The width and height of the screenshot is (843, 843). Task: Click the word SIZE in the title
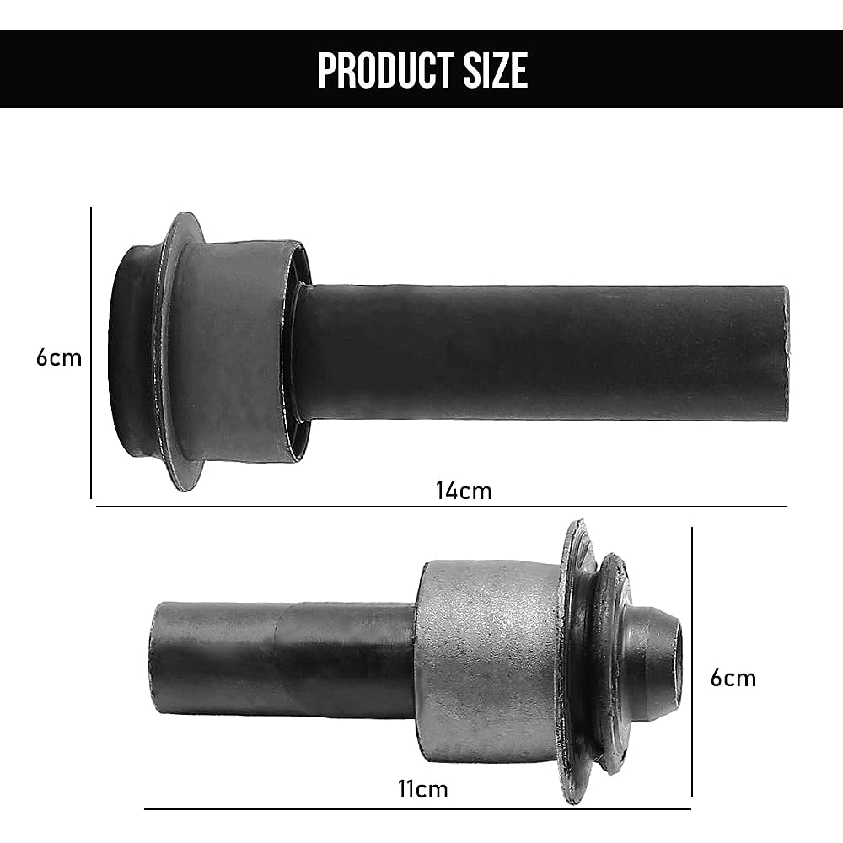pyautogui.click(x=492, y=71)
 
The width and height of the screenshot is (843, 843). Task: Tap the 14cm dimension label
pyautogui.click(x=464, y=490)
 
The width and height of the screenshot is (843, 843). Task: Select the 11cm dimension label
pyautogui.click(x=422, y=789)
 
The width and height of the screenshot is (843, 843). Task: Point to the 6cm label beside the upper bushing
pyautogui.click(x=59, y=357)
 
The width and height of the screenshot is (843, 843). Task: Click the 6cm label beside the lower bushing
pyautogui.click(x=733, y=678)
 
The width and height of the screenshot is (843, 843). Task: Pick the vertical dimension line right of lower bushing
pyautogui.click(x=692, y=662)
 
